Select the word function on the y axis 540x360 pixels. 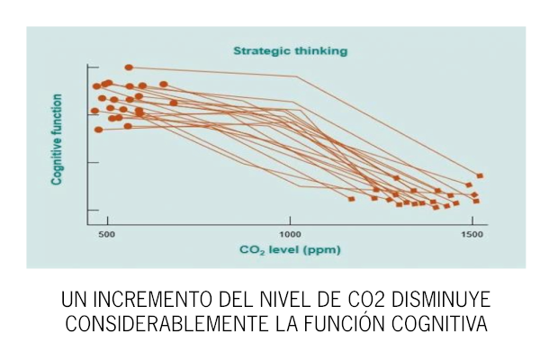pos(57,112)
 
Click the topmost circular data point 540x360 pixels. pos(129,67)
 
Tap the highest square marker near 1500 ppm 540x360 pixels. pos(480,175)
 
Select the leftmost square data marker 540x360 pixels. pos(352,198)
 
